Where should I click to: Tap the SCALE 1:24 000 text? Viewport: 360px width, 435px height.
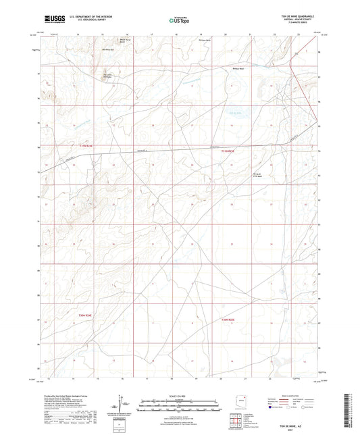coord(180,395)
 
